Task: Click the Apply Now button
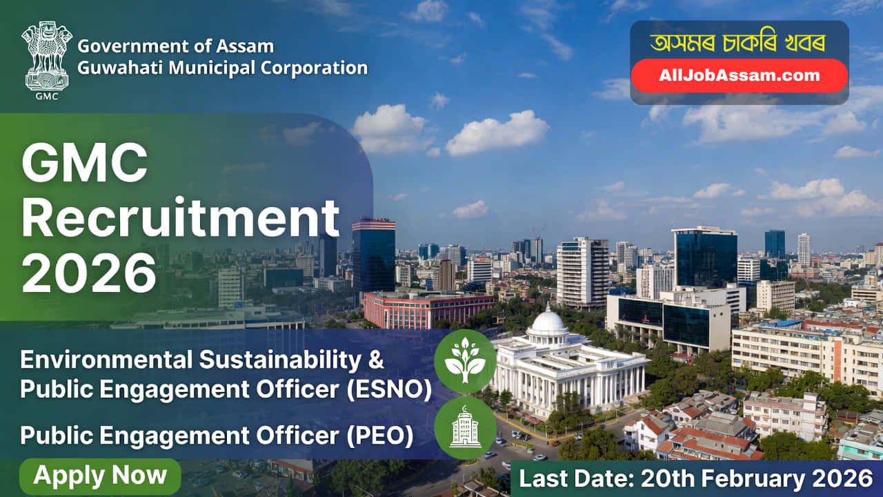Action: click(100, 476)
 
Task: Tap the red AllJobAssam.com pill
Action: click(739, 76)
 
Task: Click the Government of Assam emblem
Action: click(47, 57)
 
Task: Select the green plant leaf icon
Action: click(464, 361)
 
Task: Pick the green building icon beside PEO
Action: click(464, 427)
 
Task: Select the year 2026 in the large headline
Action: click(89, 273)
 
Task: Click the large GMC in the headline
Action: click(85, 163)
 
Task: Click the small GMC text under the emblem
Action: click(47, 96)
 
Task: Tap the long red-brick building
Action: click(428, 309)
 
